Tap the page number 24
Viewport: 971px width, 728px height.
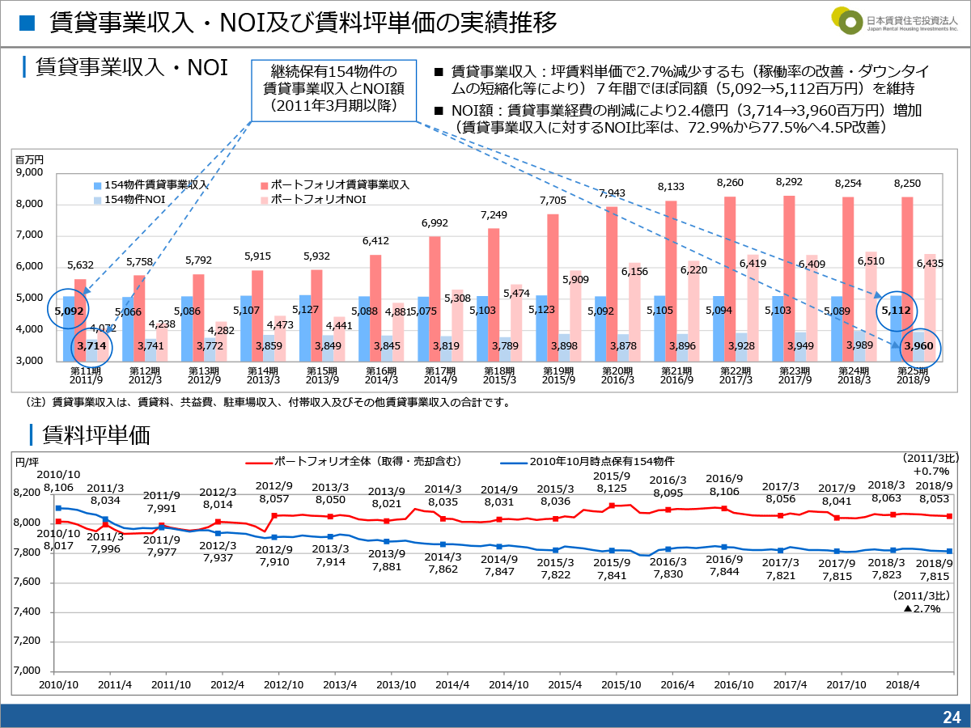click(x=951, y=717)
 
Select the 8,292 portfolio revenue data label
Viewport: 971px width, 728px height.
click(x=789, y=183)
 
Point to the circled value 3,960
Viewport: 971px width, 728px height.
click(x=919, y=346)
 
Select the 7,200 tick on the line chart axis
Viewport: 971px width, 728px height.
click(x=28, y=641)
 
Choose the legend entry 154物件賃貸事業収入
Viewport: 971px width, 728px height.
click(x=149, y=184)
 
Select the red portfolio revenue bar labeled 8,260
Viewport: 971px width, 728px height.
click(x=731, y=278)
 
